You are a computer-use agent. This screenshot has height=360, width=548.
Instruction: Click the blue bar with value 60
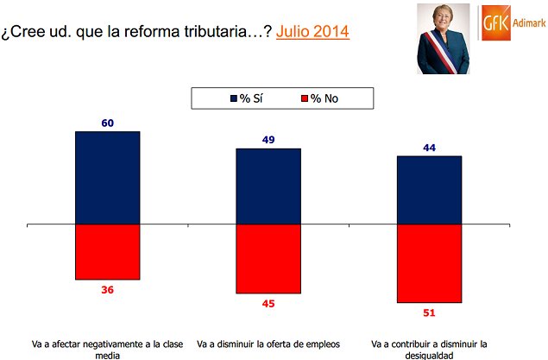pos(108,177)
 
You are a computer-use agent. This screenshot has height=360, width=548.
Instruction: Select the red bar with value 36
pos(108,251)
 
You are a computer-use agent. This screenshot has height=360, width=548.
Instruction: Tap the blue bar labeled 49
pos(268,186)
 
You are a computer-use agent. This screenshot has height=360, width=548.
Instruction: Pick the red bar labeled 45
pos(268,259)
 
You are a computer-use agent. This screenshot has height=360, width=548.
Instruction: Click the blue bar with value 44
pos(429,190)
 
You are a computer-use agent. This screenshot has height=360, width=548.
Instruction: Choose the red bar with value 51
pos(429,263)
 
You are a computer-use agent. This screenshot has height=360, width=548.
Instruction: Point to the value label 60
pos(108,123)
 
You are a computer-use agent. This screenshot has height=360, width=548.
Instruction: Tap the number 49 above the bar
pos(268,141)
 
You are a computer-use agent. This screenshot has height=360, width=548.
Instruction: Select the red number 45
pos(268,304)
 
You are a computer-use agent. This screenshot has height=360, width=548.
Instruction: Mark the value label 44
pos(429,148)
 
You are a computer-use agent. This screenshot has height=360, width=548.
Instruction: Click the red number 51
pos(429,312)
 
